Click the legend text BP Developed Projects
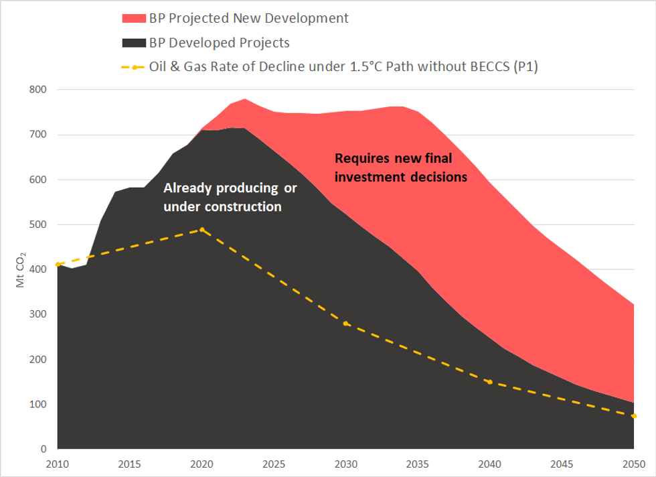pos(220,43)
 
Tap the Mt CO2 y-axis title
pos(22,270)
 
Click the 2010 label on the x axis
pos(58,464)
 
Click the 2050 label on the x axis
pos(634,464)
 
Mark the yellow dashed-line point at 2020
pos(201,230)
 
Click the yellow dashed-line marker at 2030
pos(346,324)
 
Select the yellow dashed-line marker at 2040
pos(490,382)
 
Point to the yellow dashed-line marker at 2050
pos(634,416)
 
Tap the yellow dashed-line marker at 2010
pos(58,265)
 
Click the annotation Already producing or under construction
pos(230,198)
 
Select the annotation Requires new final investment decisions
pos(400,168)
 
